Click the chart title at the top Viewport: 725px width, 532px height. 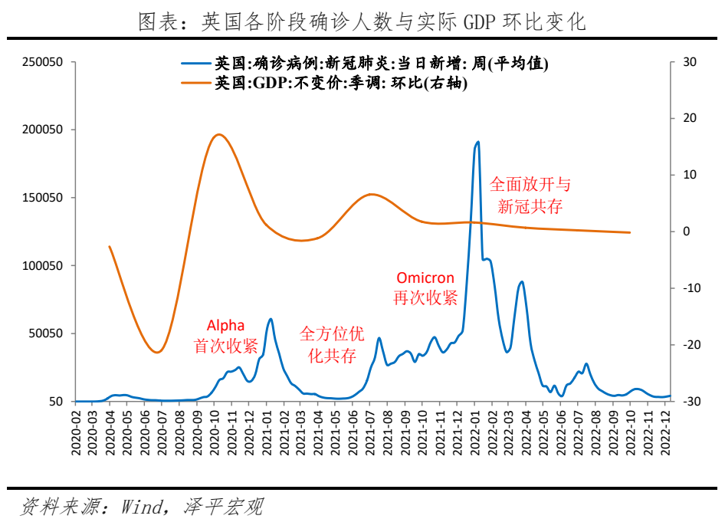pyautogui.click(x=362, y=22)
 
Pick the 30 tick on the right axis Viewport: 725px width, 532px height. pyautogui.click(x=688, y=62)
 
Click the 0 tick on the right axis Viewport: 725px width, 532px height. pyautogui.click(x=685, y=232)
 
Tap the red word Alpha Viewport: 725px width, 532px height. pyautogui.click(x=225, y=326)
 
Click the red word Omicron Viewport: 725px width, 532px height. pyautogui.click(x=425, y=277)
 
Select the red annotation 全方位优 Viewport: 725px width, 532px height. pyautogui.click(x=332, y=334)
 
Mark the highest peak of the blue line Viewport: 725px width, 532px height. pyautogui.click(x=477, y=142)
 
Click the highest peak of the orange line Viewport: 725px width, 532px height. pyautogui.click(x=219, y=134)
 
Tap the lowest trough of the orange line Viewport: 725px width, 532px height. pyautogui.click(x=156, y=353)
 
